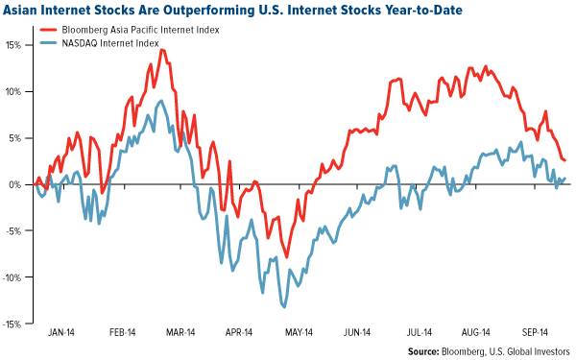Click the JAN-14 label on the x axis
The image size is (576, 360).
coord(62,333)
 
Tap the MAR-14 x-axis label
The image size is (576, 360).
coord(181,333)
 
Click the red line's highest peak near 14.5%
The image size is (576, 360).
coord(151,63)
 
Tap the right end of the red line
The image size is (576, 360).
coord(564,160)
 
